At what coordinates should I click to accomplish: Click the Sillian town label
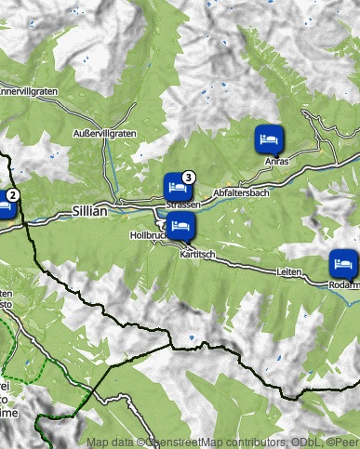coord(89,212)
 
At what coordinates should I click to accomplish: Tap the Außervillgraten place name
coord(105,134)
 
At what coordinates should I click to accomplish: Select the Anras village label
coord(277,162)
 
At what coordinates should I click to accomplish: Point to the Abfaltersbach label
coord(241,192)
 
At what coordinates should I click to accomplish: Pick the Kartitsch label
coord(197,254)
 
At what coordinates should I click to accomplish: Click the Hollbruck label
coord(148,236)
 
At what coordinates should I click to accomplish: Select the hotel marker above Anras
coord(268,139)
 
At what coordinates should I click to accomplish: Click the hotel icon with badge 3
coord(176,186)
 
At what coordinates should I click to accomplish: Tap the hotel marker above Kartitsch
coord(180,226)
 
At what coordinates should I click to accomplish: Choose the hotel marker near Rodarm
coord(342,262)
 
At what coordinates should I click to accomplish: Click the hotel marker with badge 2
coord(4,206)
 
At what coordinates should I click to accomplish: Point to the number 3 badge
coord(189,177)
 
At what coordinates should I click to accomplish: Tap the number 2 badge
coord(13,195)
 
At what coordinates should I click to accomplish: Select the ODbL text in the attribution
coord(301,442)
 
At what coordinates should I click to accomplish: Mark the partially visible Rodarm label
coord(344,284)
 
